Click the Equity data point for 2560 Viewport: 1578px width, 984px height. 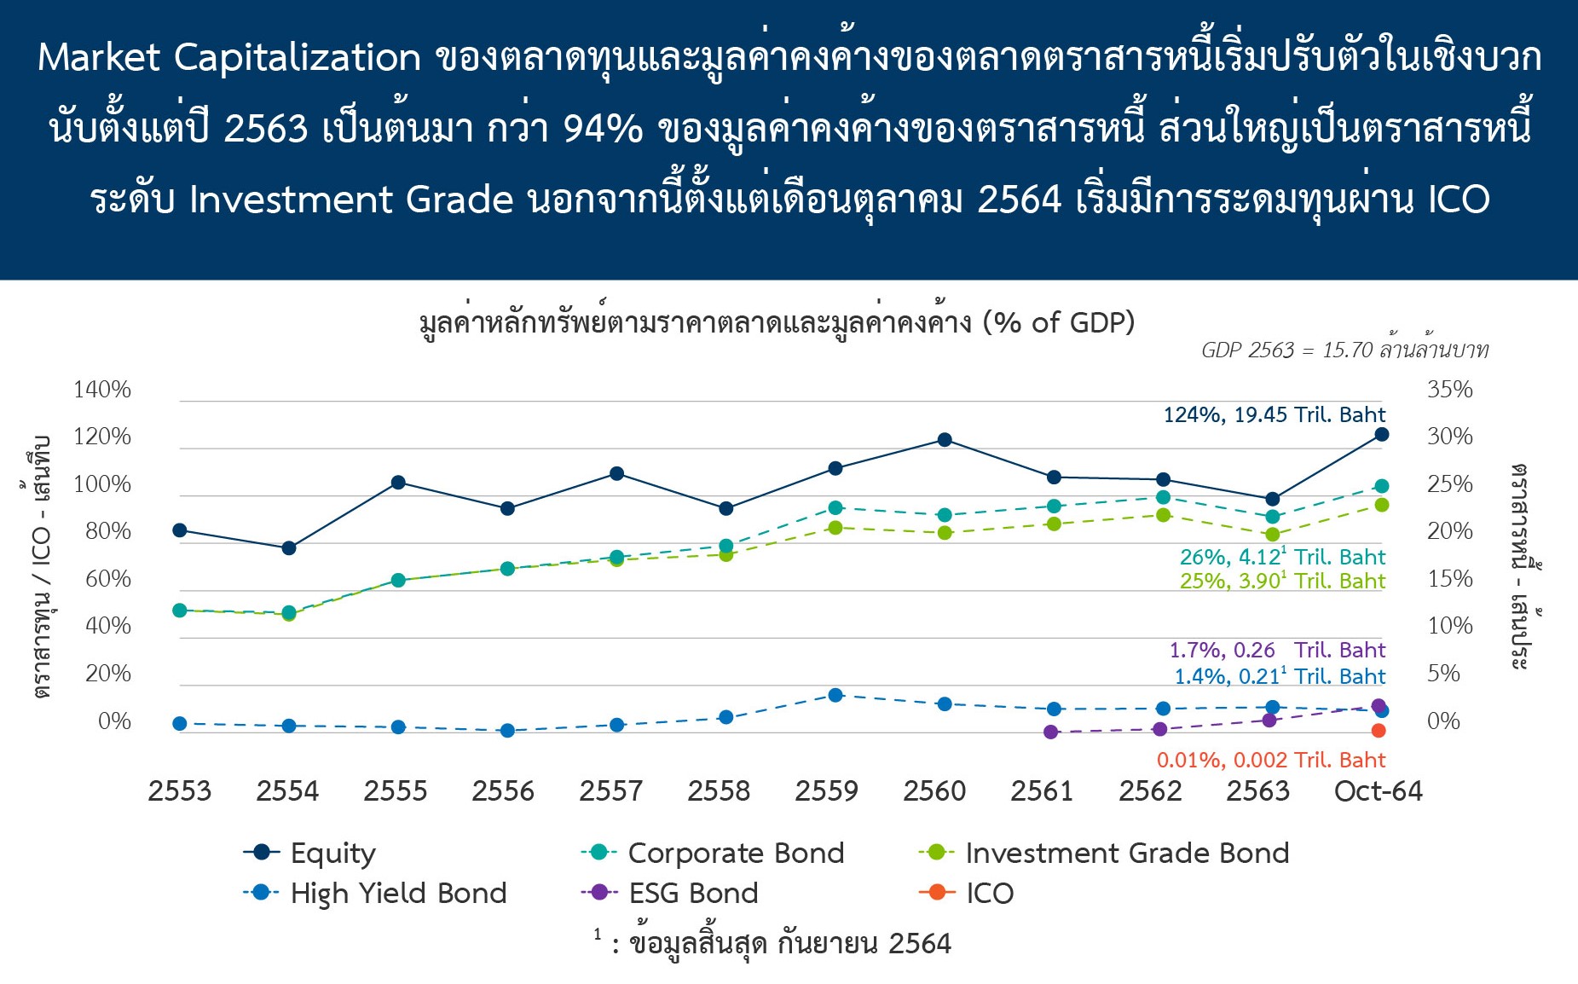pyautogui.click(x=945, y=440)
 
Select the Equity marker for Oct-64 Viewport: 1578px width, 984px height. pyautogui.click(x=1382, y=435)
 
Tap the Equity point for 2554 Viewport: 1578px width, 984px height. pyautogui.click(x=289, y=548)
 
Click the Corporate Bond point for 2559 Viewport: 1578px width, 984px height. pyautogui.click(x=835, y=508)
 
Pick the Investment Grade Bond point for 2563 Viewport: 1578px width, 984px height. pyautogui.click(x=1273, y=535)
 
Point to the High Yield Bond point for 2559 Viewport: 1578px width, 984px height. pyautogui.click(x=835, y=696)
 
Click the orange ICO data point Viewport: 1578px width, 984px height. pyautogui.click(x=1379, y=731)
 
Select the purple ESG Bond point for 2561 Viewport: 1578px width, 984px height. pyautogui.click(x=1051, y=732)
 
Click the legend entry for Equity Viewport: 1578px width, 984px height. pyautogui.click(x=309, y=853)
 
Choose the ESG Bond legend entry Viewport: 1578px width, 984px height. pyautogui.click(x=669, y=893)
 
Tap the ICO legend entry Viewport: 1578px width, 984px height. pyautogui.click(x=966, y=893)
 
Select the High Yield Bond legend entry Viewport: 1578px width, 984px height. pyautogui.click(x=375, y=893)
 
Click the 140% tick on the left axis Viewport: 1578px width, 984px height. pyautogui.click(x=102, y=390)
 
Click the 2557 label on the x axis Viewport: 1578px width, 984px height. pyautogui.click(x=610, y=791)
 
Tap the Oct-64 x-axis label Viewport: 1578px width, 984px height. pyautogui.click(x=1379, y=791)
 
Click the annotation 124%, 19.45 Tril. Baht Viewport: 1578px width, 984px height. pyautogui.click(x=1275, y=415)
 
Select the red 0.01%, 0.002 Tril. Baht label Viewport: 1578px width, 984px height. pyautogui.click(x=1271, y=760)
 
